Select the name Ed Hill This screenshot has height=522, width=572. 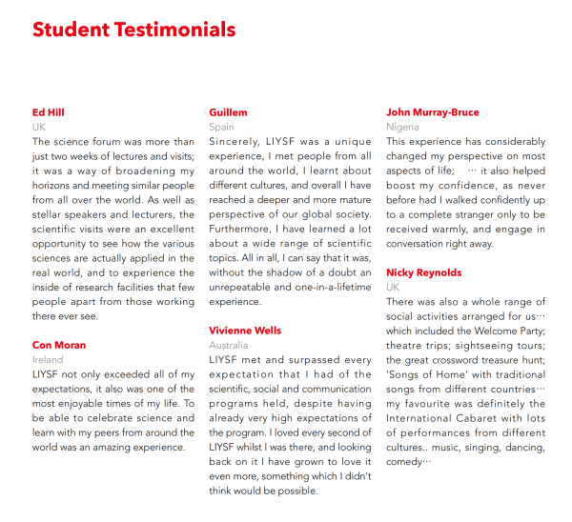click(49, 112)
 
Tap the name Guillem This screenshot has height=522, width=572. click(229, 112)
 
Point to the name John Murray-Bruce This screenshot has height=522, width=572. click(433, 112)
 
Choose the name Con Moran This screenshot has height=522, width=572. click(59, 345)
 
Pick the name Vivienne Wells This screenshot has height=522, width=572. click(245, 331)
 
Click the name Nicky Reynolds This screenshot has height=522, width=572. click(424, 272)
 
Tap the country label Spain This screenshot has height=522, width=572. click(222, 127)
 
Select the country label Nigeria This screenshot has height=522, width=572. click(402, 127)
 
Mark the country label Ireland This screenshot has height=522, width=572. click(48, 360)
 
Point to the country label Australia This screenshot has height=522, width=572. click(229, 345)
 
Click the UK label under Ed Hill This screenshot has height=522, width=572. click(39, 127)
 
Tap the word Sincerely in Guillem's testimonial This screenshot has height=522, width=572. click(233, 141)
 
